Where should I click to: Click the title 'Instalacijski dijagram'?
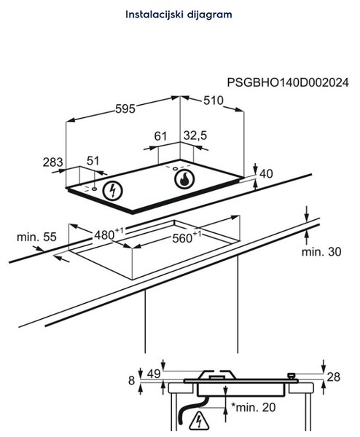coord(179,15)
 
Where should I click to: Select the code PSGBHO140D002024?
coord(288,82)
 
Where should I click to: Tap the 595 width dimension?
coord(125,109)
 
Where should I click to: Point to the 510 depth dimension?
coord(214,101)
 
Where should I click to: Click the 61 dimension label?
coord(160,136)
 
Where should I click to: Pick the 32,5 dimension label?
coord(195,135)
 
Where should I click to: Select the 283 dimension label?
coord(53,162)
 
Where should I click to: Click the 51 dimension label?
coord(93,161)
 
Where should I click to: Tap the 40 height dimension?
coord(266,173)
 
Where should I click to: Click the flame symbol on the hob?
coord(184,179)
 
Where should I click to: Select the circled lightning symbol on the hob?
coord(112,191)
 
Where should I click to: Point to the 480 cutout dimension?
coord(109,234)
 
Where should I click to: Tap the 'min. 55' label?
coord(36,237)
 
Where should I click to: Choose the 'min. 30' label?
coord(321,252)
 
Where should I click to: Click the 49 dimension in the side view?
coord(154,374)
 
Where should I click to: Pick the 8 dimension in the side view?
coord(132,380)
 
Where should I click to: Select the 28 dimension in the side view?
coord(334,377)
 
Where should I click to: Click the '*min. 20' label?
coord(254,407)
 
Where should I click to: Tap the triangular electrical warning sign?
coord(199,420)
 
